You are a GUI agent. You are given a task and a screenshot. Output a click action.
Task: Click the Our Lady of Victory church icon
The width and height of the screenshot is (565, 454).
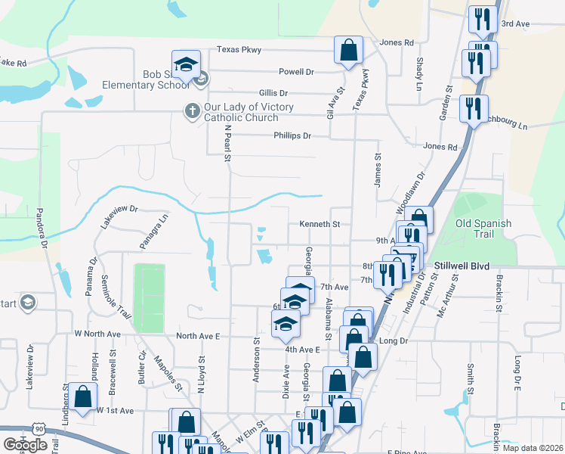click(x=192, y=110)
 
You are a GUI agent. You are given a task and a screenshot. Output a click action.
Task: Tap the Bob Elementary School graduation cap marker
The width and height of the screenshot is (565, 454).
click(x=185, y=66)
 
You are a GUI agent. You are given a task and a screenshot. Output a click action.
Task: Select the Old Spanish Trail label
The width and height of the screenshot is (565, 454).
click(x=483, y=229)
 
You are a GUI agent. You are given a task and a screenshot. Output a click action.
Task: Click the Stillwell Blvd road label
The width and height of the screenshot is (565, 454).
click(x=462, y=266)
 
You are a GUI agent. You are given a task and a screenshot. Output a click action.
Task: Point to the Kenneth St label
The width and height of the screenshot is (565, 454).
click(x=320, y=224)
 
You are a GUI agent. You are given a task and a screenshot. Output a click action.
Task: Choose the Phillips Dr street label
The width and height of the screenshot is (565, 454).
click(x=292, y=135)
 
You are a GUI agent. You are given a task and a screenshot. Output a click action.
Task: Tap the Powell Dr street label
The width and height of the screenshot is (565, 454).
click(x=296, y=72)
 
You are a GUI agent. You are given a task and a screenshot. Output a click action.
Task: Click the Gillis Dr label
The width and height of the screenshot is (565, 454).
click(x=273, y=92)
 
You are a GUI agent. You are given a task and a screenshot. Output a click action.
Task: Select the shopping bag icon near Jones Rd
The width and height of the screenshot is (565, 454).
click(x=348, y=51)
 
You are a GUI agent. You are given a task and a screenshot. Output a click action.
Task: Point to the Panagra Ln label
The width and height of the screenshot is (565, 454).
click(x=153, y=231)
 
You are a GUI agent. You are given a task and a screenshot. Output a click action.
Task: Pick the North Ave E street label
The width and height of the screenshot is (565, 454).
click(x=197, y=336)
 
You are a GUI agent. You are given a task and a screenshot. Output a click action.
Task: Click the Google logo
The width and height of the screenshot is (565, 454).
click(x=25, y=445)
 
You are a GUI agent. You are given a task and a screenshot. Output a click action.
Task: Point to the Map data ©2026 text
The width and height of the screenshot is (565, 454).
click(x=533, y=448)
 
